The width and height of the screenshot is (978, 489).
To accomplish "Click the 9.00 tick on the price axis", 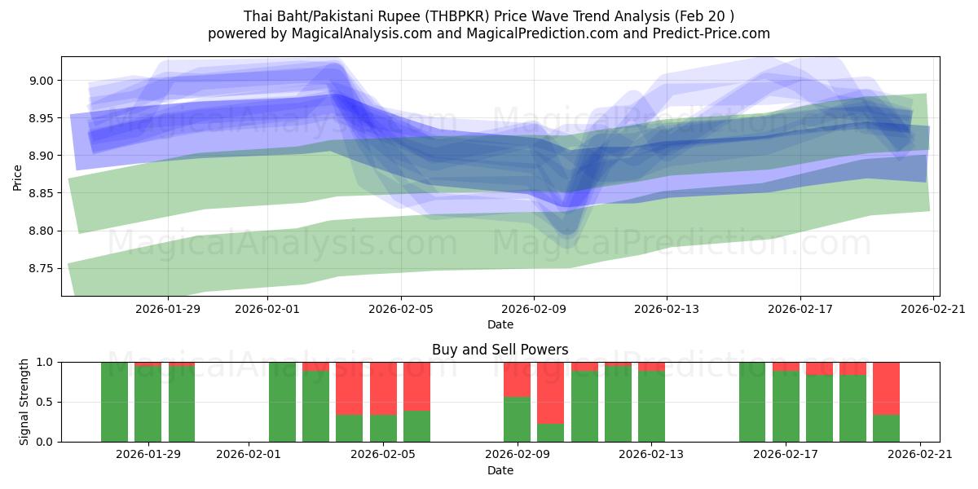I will pyautogui.click(x=42, y=81).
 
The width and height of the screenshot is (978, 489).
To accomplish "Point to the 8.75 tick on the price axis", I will pyautogui.click(x=42, y=269).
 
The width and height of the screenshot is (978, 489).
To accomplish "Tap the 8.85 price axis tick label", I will pyautogui.click(x=42, y=194).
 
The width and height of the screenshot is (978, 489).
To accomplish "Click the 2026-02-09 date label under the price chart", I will pyautogui.click(x=534, y=309).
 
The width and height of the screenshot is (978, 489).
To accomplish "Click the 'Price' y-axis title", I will pyautogui.click(x=18, y=178).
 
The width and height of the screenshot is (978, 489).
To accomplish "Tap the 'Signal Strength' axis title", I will pyautogui.click(x=24, y=402).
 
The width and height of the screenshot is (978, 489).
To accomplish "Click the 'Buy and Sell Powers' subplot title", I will pyautogui.click(x=500, y=350).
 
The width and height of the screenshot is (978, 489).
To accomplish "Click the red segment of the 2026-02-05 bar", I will pyautogui.click(x=383, y=388).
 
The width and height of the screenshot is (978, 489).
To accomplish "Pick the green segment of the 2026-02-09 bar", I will pyautogui.click(x=517, y=419).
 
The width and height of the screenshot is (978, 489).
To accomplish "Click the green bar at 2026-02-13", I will pyautogui.click(x=651, y=407).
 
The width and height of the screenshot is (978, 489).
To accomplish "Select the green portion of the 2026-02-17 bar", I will pyautogui.click(x=786, y=407).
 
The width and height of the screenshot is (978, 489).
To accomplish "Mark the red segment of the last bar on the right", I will pyautogui.click(x=886, y=388).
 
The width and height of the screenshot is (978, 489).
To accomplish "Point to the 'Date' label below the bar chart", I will pyautogui.click(x=500, y=470).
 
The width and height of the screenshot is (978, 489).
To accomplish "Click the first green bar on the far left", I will pyautogui.click(x=114, y=402).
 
